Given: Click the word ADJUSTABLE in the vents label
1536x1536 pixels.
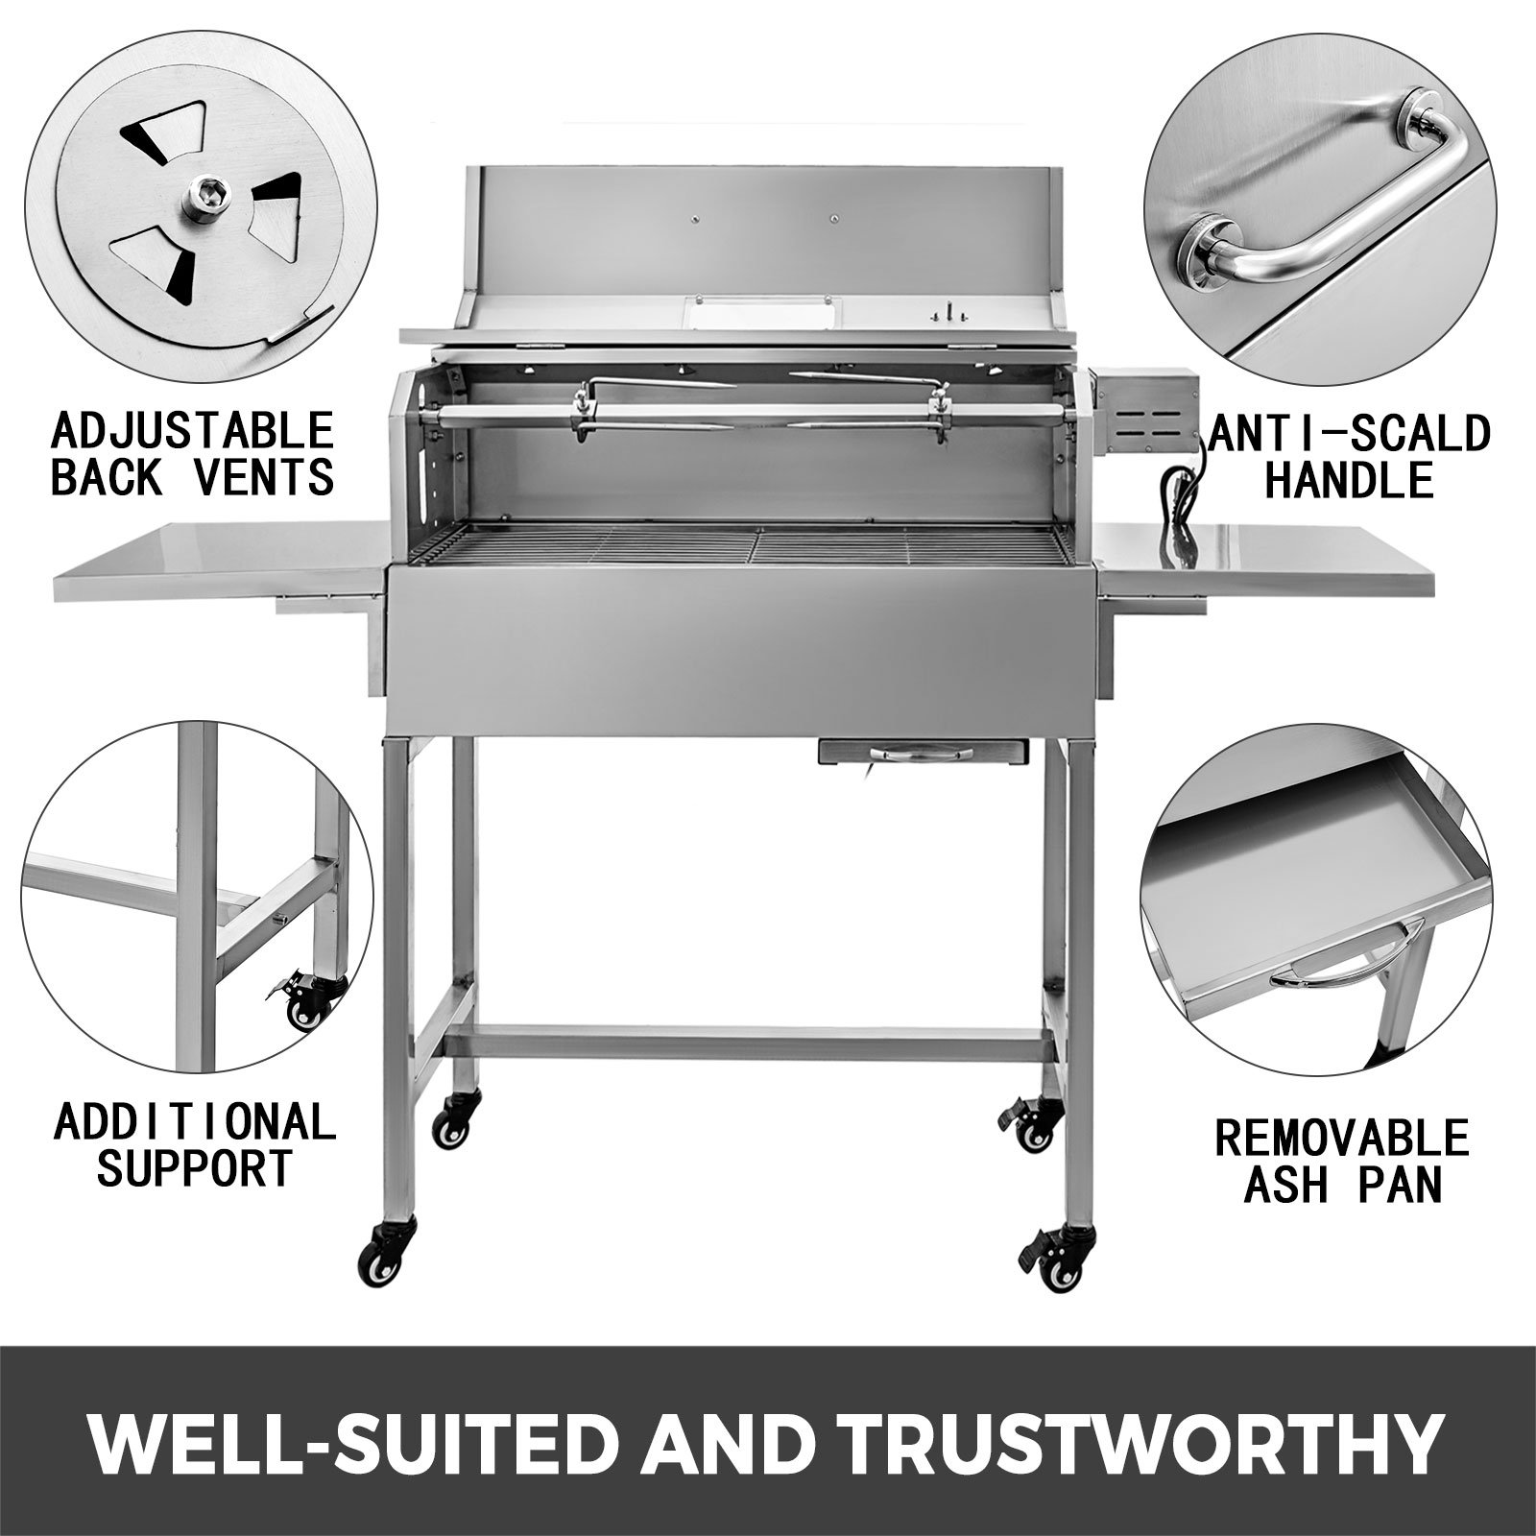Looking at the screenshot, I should [191, 429].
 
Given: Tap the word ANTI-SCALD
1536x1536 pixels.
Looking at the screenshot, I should [1349, 433].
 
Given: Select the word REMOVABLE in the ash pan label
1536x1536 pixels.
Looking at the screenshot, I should [1342, 1139].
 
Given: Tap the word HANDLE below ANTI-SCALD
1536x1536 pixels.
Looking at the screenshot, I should [1348, 479].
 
